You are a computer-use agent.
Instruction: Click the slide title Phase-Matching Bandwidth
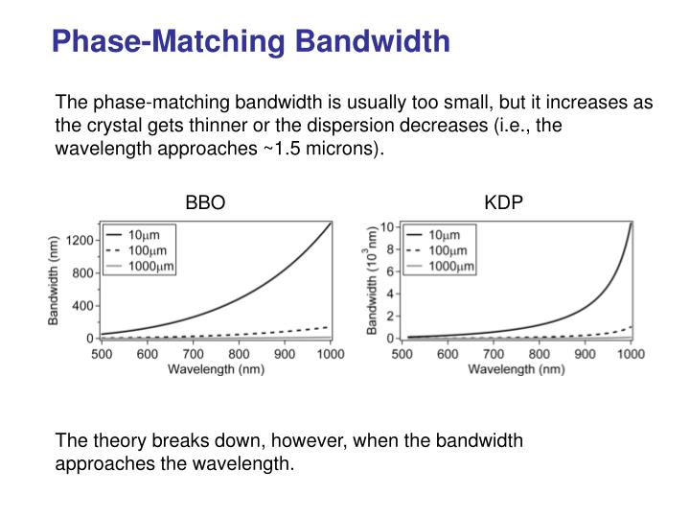tap(250, 40)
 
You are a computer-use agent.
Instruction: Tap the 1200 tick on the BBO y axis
tap(80, 239)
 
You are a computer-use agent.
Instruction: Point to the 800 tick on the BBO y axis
tap(83, 272)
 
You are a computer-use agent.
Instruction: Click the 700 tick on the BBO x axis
tap(193, 354)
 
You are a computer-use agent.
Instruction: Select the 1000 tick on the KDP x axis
tap(630, 354)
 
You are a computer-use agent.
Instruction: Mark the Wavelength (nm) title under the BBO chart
tap(216, 369)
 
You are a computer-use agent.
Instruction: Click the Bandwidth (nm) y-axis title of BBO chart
tap(55, 282)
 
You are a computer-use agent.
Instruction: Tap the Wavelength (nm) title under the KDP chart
tap(515, 369)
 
